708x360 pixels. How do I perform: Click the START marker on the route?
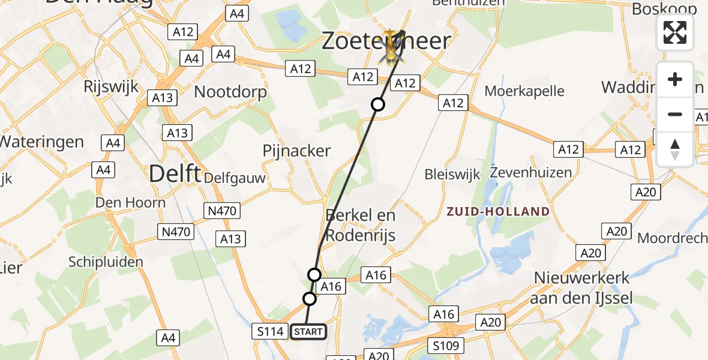(x=308, y=331)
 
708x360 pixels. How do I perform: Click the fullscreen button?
(x=675, y=32)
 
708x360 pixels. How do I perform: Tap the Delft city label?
(x=175, y=174)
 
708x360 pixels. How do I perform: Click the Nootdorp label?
(x=230, y=92)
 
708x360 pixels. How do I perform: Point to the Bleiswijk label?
(x=452, y=175)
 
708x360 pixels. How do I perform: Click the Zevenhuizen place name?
(x=530, y=173)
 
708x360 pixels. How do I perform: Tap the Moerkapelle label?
(x=524, y=91)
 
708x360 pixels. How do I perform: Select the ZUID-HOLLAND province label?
(x=497, y=211)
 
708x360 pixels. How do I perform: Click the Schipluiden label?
(x=106, y=262)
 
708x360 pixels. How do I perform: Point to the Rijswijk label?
(x=112, y=86)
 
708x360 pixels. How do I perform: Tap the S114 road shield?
(x=269, y=331)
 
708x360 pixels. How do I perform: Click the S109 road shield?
(x=445, y=346)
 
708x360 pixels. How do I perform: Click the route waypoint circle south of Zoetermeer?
(x=377, y=104)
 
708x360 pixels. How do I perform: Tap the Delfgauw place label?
(x=235, y=178)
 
